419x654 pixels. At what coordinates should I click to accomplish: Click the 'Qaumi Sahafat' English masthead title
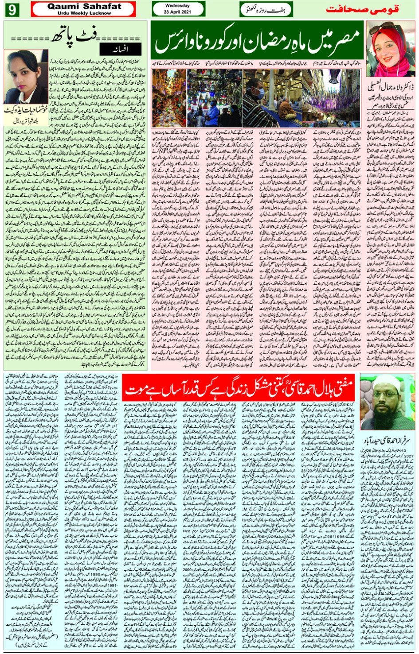[84, 6]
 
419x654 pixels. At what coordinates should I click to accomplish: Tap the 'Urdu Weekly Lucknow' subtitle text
[84, 13]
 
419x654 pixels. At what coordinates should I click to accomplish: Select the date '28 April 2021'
[177, 12]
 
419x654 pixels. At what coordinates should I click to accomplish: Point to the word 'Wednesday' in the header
[177, 6]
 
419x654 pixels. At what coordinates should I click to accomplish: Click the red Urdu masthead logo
[362, 9]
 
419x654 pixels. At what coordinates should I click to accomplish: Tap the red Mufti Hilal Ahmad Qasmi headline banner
[239, 388]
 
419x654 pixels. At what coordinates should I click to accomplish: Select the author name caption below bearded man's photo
[387, 437]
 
